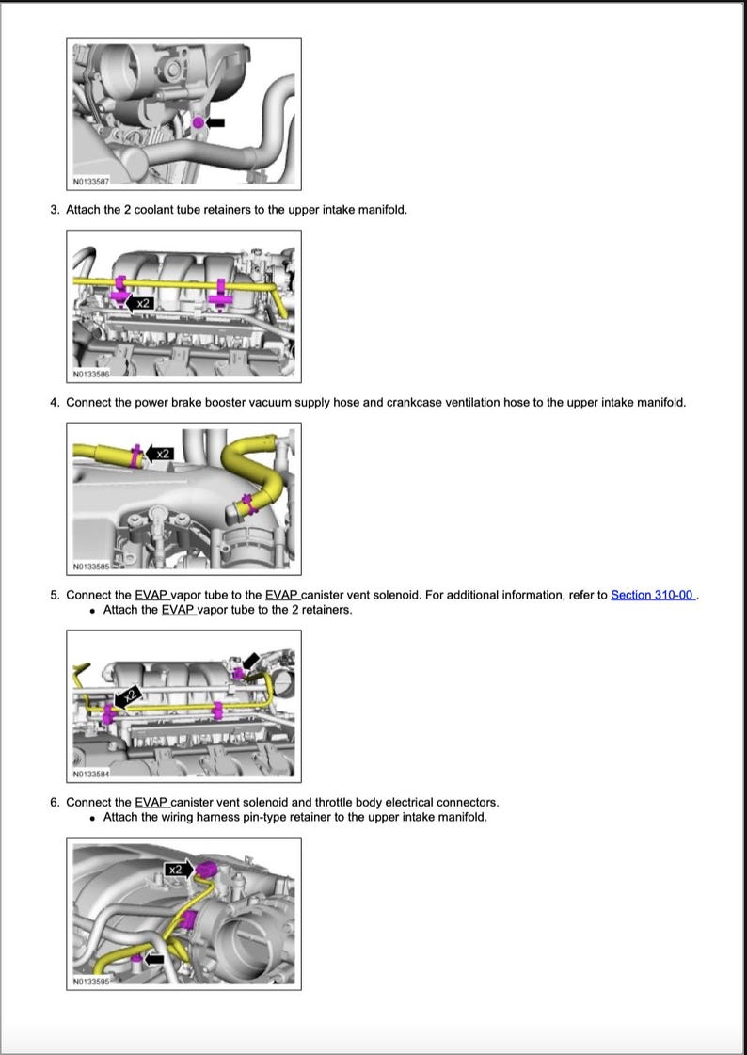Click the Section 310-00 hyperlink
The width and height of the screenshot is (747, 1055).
pos(653,595)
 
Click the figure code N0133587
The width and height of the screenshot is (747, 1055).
pos(91,180)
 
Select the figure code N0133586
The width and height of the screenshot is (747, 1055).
pos(91,375)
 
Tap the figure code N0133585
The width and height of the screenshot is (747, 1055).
pos(91,567)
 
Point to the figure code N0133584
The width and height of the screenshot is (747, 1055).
pos(91,775)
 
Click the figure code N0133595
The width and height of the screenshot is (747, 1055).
pos(91,982)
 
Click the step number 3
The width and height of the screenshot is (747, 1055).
pos(55,209)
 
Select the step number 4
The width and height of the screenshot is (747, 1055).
pos(55,402)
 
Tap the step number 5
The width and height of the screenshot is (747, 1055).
pos(55,595)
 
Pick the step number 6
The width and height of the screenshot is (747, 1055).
pos(55,802)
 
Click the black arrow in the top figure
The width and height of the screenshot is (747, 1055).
pos(216,122)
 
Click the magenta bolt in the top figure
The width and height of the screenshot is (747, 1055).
pos(199,122)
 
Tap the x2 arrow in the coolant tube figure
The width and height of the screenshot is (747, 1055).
pos(141,303)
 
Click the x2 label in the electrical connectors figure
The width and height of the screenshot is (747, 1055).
pos(176,870)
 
